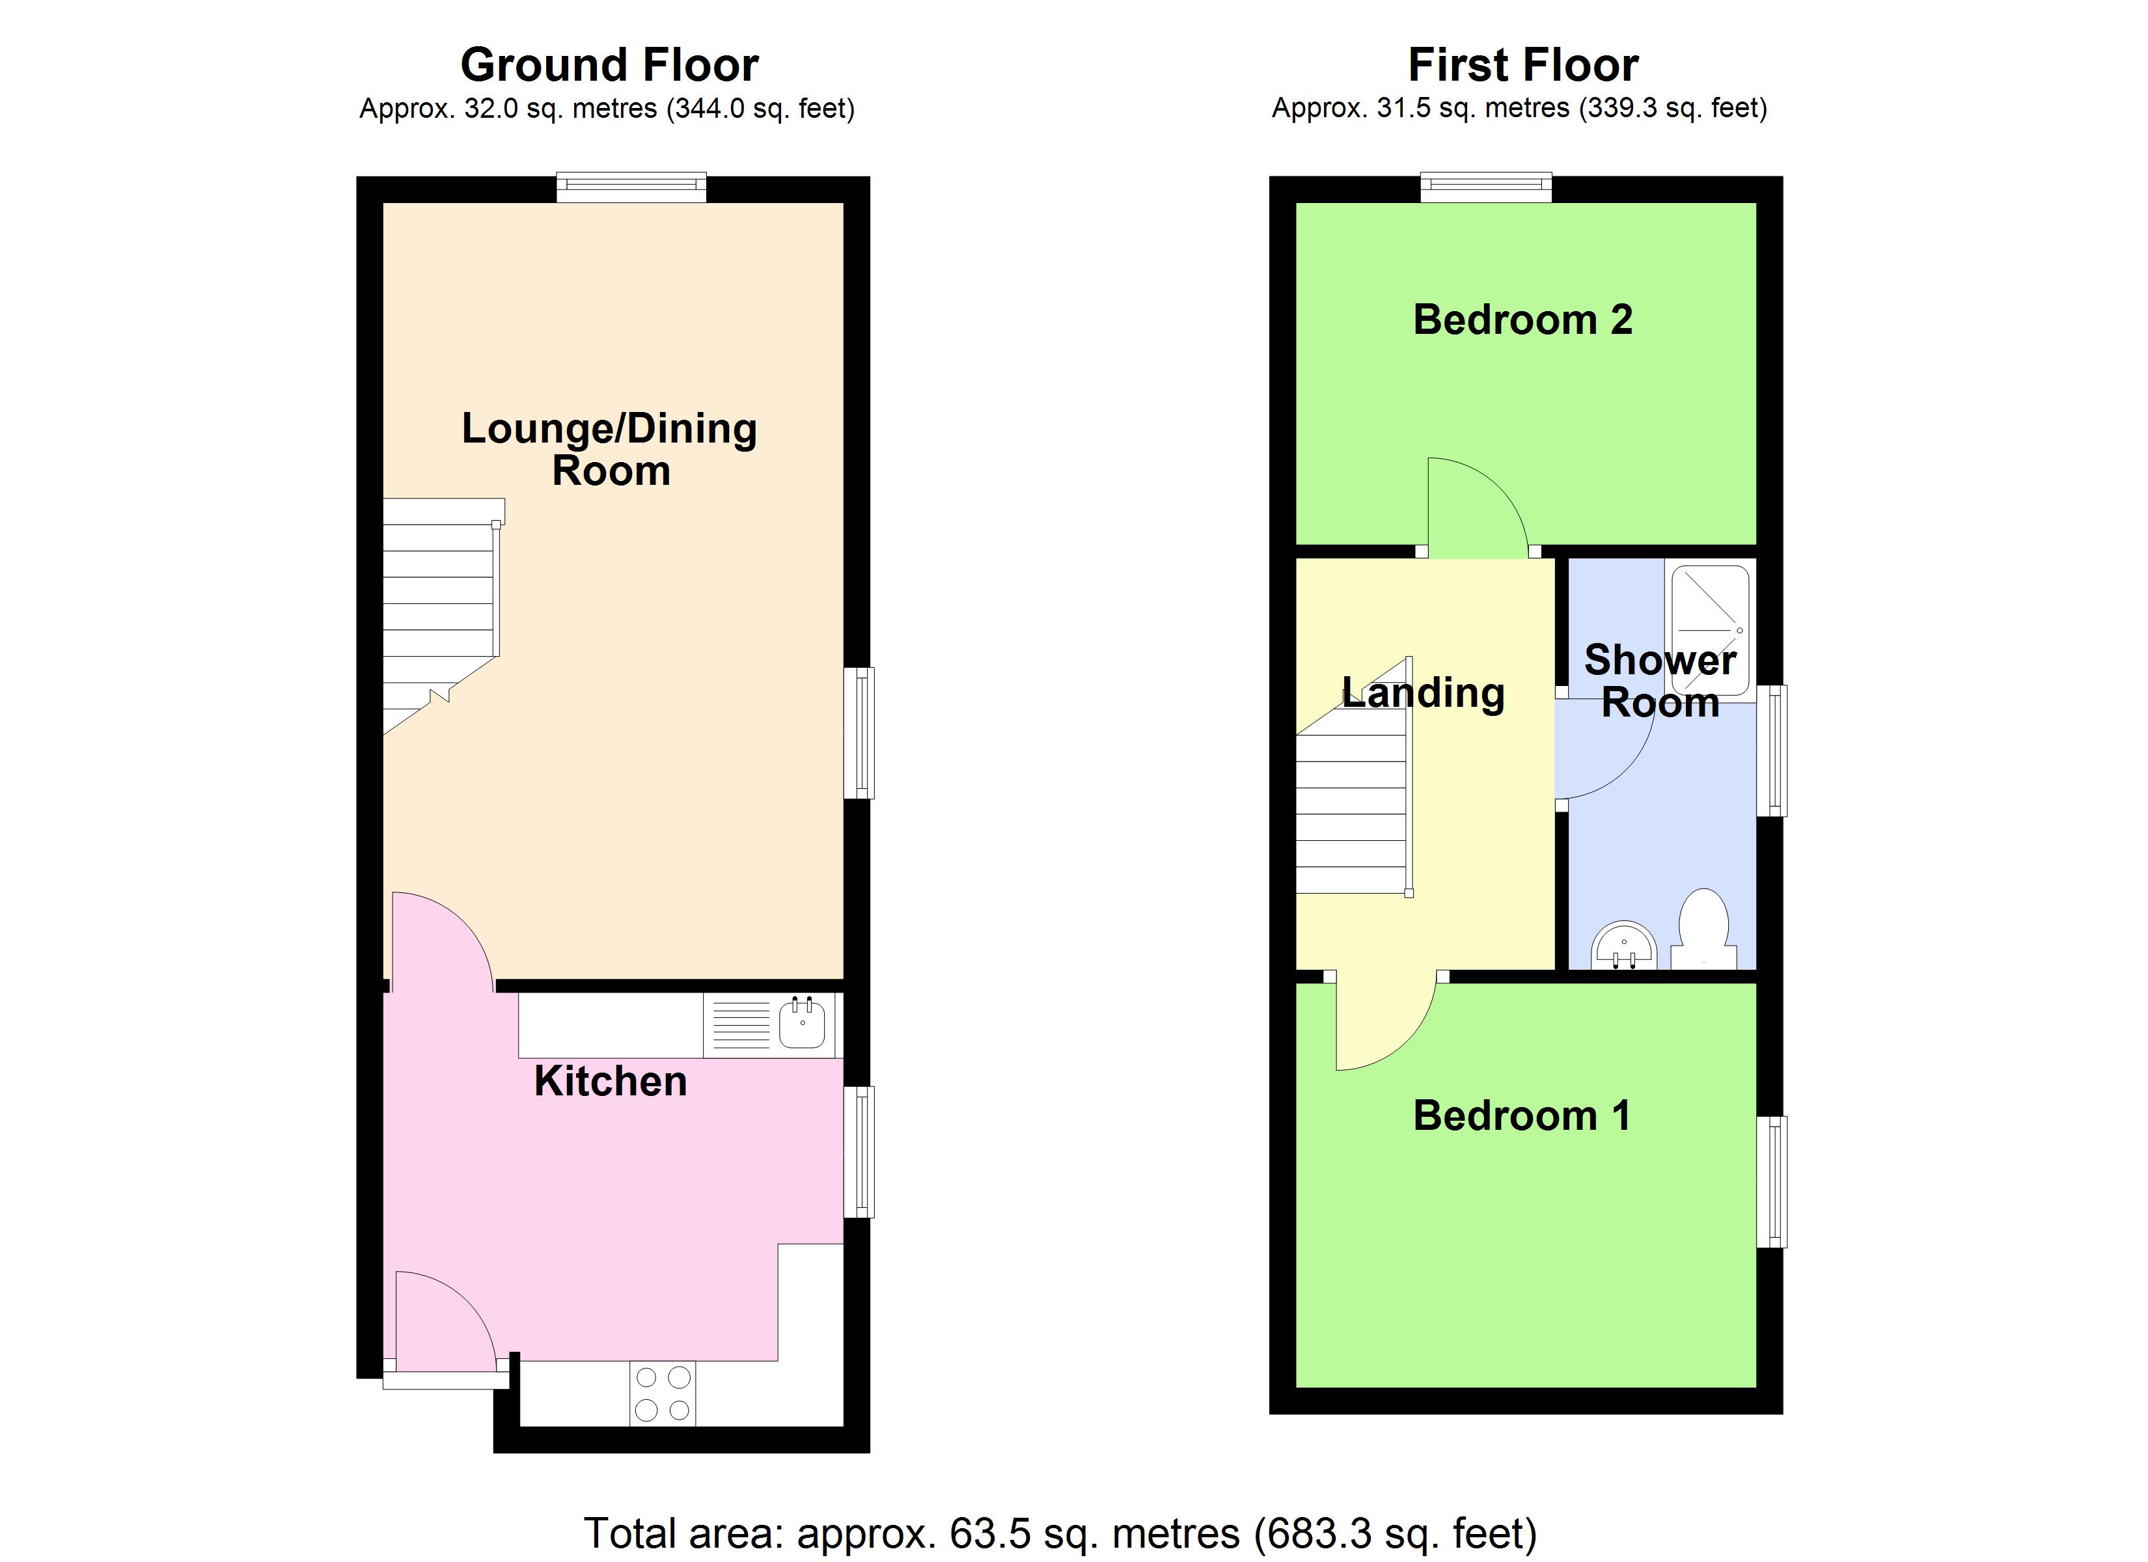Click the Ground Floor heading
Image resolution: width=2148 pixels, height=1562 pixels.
point(609,65)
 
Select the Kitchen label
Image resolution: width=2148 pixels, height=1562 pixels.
point(610,1081)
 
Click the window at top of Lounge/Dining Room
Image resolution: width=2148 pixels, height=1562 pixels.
point(631,187)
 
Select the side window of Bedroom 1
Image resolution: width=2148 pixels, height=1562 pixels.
point(1772,1181)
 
